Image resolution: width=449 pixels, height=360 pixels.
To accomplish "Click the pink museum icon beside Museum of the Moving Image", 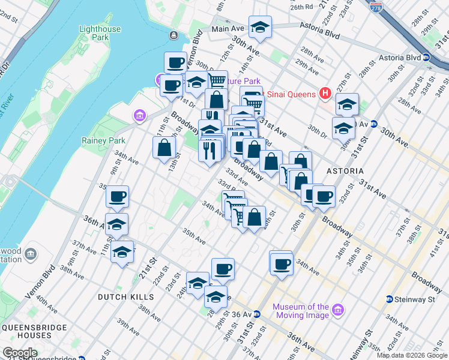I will [339, 310].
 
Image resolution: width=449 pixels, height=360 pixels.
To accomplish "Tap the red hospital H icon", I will [325, 93].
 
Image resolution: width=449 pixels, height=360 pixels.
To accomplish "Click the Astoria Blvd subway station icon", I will [426, 58].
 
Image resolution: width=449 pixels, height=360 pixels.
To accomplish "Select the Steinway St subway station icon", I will [390, 299].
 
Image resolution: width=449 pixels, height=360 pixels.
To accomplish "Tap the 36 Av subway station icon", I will [256, 314].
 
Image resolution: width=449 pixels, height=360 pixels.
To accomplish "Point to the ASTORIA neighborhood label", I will [345, 171].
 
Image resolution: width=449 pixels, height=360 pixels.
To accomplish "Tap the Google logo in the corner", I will [20, 353].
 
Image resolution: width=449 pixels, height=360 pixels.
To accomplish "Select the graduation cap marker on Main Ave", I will [260, 28].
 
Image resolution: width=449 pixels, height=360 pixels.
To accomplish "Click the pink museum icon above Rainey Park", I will [139, 115].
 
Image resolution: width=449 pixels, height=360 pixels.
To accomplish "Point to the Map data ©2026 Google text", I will [412, 355].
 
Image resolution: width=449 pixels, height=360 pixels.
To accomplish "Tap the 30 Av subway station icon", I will [373, 125].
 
